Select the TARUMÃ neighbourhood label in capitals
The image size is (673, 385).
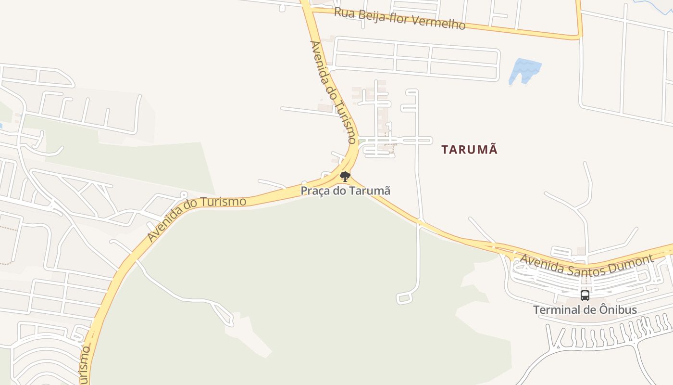click(x=469, y=150)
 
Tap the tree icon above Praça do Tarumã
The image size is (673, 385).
click(x=345, y=176)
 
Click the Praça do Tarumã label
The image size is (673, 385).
click(x=345, y=191)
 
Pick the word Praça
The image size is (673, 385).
click(x=315, y=191)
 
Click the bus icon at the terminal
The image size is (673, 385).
click(x=585, y=295)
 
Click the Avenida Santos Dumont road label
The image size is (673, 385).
click(x=587, y=263)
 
